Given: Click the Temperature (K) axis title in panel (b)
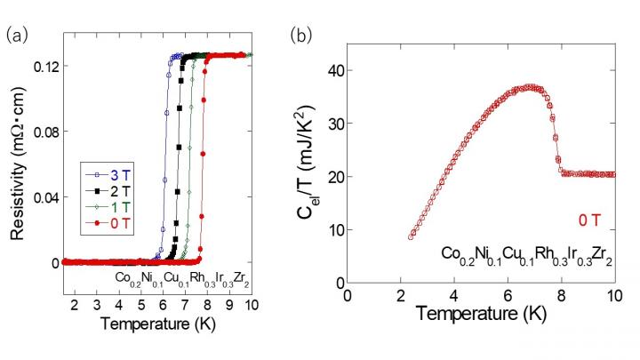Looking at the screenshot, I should [480, 314].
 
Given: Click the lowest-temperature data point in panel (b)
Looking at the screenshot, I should [411, 237].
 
